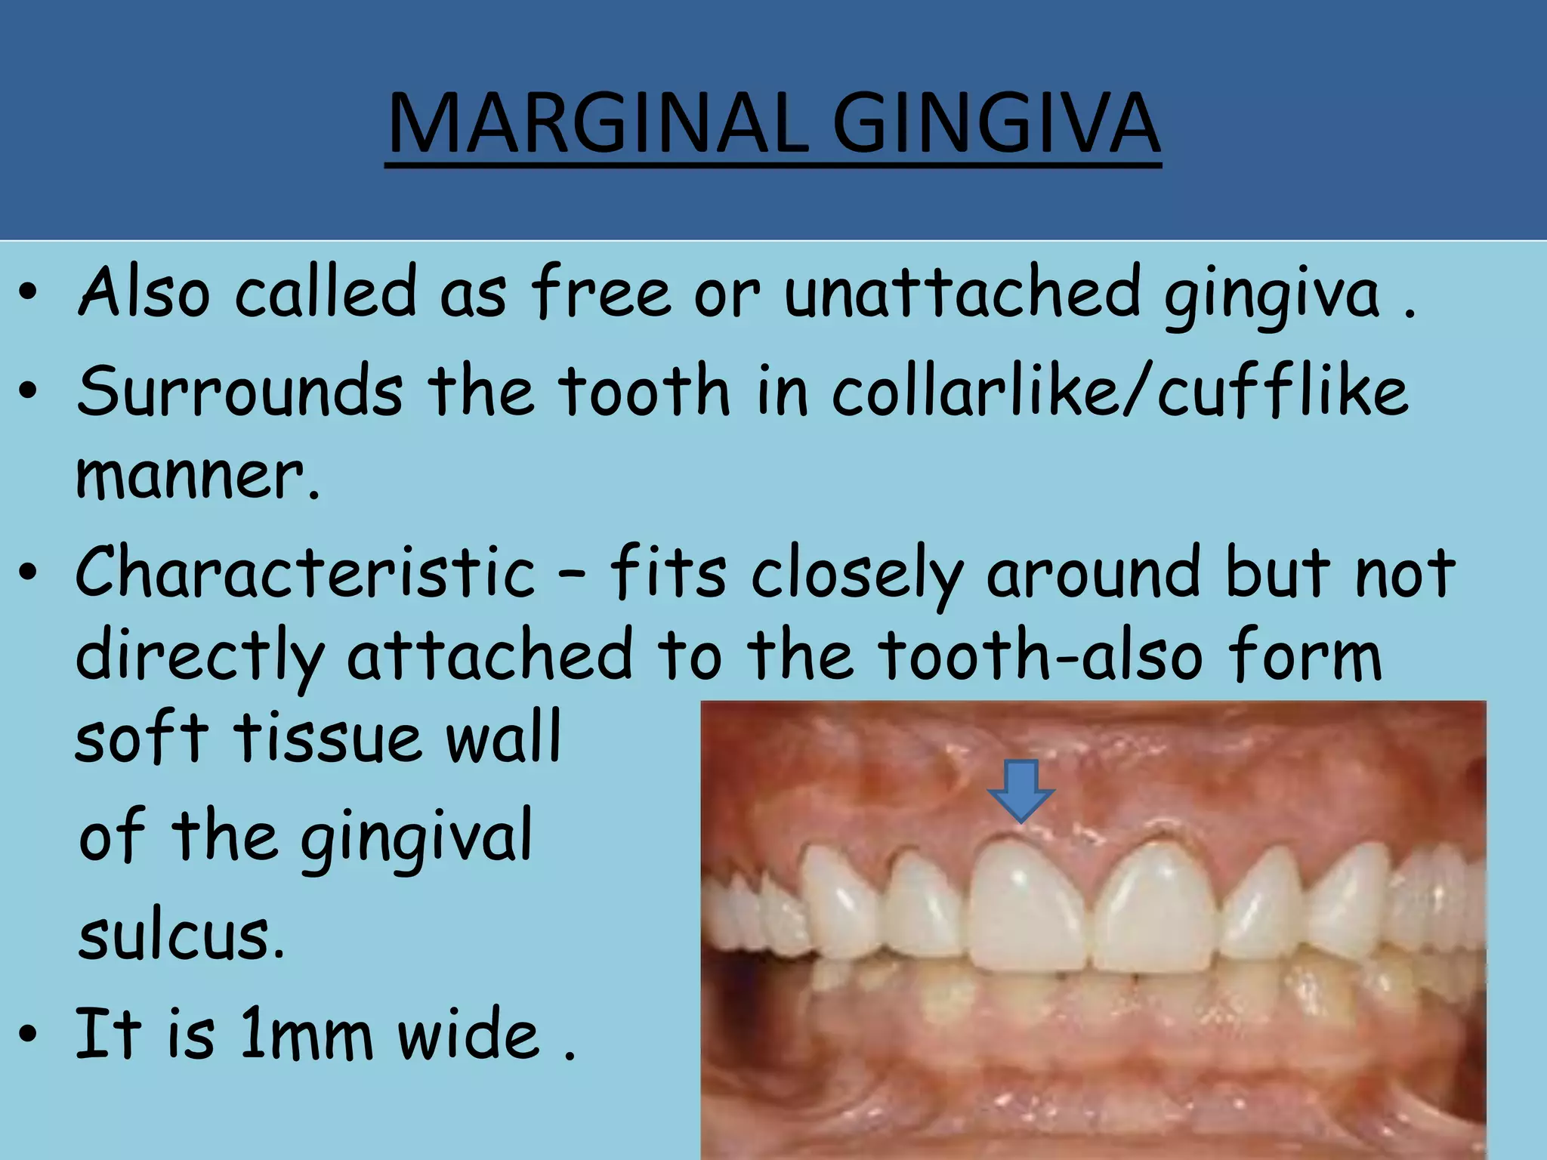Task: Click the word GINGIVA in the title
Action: (x=996, y=123)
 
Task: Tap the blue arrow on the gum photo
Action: (x=1021, y=790)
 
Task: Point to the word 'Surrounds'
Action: (x=240, y=390)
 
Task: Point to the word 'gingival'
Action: (x=416, y=836)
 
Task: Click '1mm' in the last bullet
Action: (x=307, y=1034)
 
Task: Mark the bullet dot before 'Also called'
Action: (x=28, y=295)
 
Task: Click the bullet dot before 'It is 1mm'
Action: (x=28, y=1035)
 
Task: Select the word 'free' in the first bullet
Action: (x=601, y=291)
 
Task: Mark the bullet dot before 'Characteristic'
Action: (x=28, y=575)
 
